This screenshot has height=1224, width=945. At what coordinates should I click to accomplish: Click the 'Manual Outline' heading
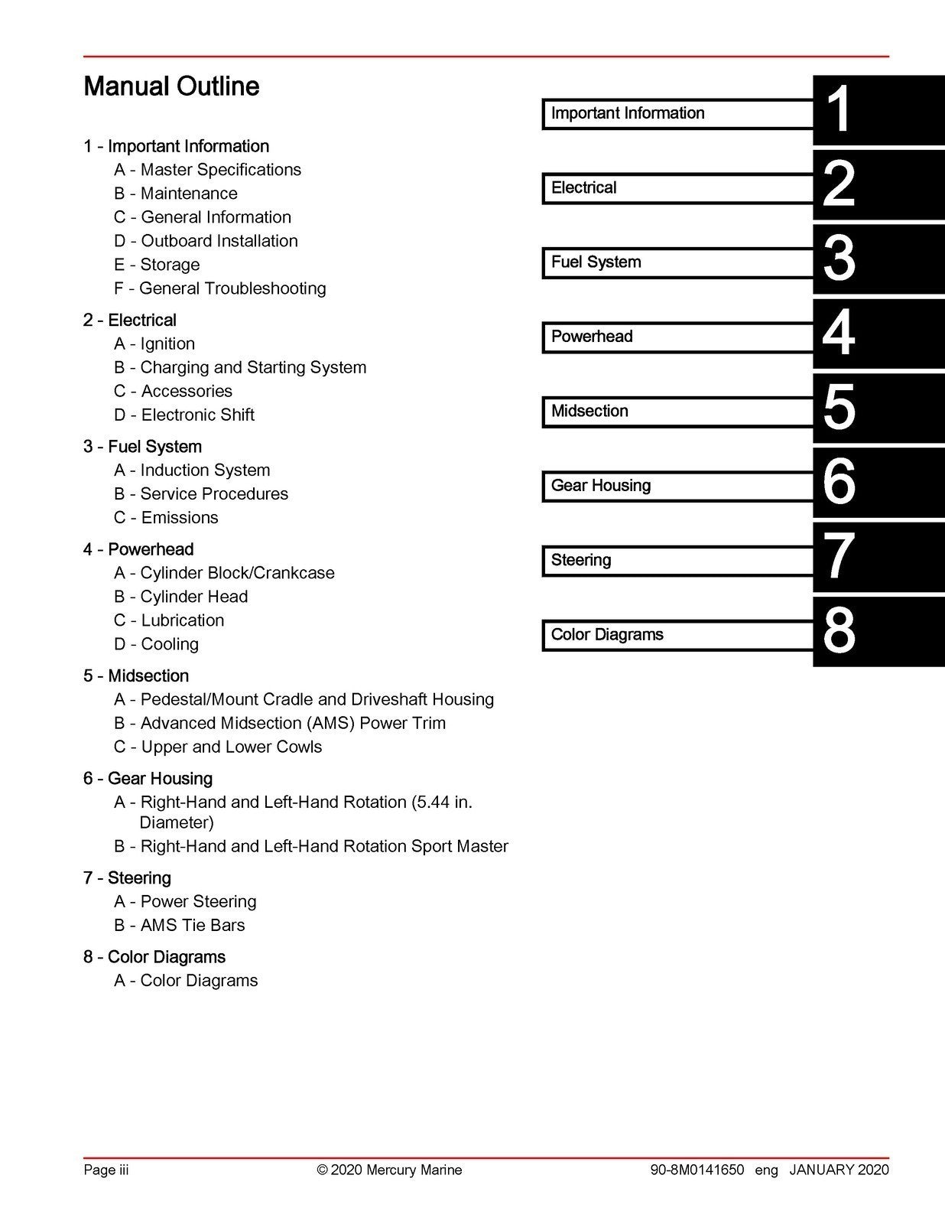171,86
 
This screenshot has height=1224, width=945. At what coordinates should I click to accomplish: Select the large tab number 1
839,110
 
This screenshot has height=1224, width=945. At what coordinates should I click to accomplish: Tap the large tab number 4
839,334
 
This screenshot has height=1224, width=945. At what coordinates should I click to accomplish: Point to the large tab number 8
839,632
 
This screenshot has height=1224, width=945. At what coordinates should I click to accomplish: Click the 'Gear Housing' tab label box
677,486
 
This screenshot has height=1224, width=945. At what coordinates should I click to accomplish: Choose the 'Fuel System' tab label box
677,262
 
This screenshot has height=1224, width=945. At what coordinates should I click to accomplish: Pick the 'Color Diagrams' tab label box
677,635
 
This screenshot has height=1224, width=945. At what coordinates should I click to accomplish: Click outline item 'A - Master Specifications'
207,170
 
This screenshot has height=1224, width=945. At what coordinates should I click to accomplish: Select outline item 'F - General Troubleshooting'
219,288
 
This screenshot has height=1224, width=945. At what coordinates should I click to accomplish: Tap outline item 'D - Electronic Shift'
183,415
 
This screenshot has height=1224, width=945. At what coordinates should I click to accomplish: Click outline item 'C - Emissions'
166,517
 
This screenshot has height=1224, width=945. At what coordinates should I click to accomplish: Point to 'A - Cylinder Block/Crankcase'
224,573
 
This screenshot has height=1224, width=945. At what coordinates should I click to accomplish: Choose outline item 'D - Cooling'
156,644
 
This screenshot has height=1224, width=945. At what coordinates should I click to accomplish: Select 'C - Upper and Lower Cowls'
218,747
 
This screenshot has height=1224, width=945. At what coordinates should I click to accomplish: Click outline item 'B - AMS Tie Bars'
179,925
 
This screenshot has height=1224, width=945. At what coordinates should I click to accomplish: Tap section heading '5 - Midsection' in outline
136,676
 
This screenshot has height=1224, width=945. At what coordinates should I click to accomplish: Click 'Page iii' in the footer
106,1170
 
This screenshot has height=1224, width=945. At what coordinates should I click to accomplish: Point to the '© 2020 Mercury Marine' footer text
389,1170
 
